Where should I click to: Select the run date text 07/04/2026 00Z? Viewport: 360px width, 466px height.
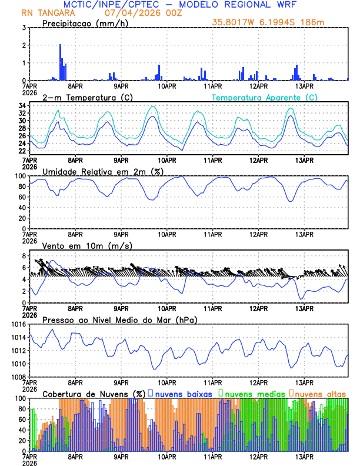[x=144, y=13]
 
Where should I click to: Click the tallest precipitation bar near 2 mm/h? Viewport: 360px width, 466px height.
[x=60, y=62]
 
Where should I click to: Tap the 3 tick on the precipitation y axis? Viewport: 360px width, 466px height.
[x=24, y=28]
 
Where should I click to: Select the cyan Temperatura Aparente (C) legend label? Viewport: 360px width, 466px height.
[x=264, y=97]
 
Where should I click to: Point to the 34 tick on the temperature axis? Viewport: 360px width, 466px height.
[x=22, y=106]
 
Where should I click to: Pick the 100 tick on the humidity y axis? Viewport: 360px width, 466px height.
[x=20, y=176]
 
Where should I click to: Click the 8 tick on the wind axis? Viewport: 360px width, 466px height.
[x=24, y=256]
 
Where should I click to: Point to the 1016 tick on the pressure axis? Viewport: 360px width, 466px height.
[x=18, y=324]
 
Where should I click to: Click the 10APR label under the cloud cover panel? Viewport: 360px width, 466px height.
[x=168, y=457]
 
